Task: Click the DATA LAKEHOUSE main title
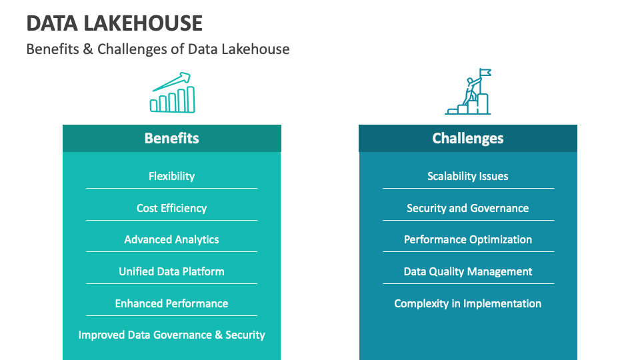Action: (114, 23)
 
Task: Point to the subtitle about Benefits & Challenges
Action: (158, 49)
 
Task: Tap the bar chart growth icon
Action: (172, 93)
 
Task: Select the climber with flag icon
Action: (468, 91)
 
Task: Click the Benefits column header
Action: (172, 139)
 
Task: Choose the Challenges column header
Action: (468, 139)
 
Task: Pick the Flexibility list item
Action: (172, 176)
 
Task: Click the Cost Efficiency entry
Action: (172, 208)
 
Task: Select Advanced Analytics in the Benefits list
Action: (172, 239)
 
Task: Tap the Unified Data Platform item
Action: (172, 271)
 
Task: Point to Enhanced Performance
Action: (172, 303)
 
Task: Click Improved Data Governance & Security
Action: (172, 335)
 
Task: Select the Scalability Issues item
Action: (468, 176)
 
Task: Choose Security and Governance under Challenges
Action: (468, 208)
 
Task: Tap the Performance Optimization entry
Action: (468, 239)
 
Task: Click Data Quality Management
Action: (468, 271)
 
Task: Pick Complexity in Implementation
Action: (468, 303)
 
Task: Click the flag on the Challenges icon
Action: (485, 73)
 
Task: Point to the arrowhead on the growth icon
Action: (185, 77)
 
